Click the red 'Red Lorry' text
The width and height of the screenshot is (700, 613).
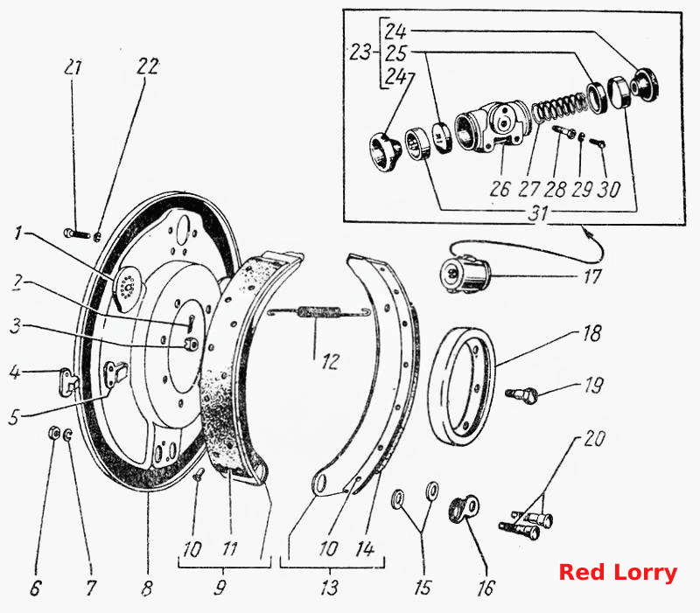618,573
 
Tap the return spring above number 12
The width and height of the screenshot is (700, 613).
318,312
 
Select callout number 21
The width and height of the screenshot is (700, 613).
73,68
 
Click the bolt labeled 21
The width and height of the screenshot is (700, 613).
77,233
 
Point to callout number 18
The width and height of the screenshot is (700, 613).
592,334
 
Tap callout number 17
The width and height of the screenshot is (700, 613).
592,276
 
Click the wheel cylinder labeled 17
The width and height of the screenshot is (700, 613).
465,273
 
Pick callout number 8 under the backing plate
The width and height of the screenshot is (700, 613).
147,588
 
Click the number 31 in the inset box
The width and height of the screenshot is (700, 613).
537,213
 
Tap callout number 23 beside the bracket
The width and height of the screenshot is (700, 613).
360,52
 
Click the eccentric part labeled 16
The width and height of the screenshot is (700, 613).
464,508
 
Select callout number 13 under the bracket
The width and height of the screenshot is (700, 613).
330,588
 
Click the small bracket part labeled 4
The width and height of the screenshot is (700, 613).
70,382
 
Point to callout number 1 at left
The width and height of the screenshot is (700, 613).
17,233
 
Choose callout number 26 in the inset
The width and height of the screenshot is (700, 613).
499,189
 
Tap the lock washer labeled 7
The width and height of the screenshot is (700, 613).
68,435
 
